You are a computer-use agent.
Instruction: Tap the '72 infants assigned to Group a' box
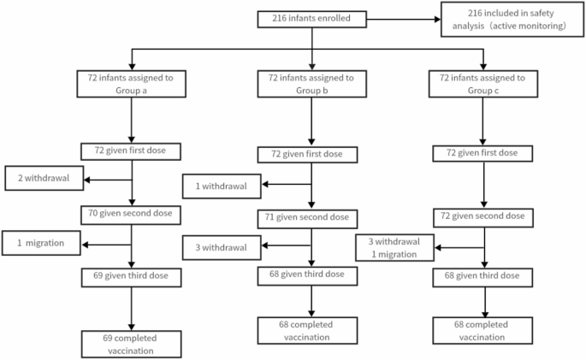click(131, 84)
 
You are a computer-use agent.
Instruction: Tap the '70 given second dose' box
click(131, 212)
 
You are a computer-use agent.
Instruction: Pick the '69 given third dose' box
click(131, 275)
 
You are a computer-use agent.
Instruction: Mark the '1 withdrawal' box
click(221, 185)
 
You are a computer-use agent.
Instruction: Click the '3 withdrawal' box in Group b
click(221, 248)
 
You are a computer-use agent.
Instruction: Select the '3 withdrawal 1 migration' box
click(395, 249)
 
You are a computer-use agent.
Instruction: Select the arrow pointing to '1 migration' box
click(106, 244)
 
